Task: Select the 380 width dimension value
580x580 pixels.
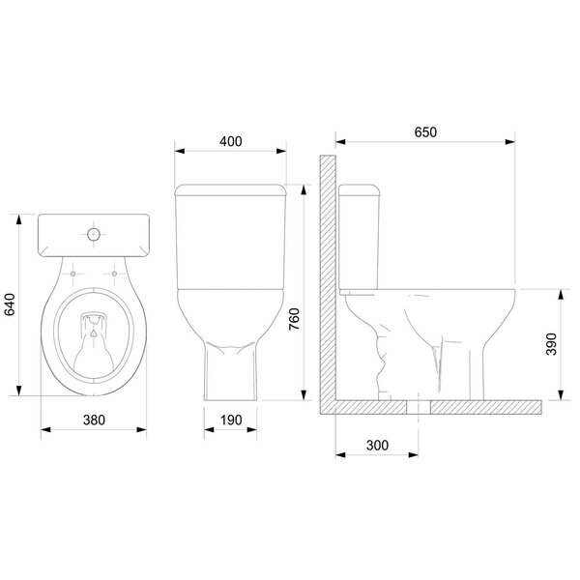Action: [x=93, y=420]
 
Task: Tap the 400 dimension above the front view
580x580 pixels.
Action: [x=231, y=140]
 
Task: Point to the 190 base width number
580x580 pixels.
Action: [x=231, y=420]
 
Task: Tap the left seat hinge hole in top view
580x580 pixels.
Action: [x=74, y=274]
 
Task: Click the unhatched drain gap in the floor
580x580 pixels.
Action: [x=417, y=406]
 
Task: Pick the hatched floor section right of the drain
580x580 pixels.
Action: [x=483, y=406]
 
